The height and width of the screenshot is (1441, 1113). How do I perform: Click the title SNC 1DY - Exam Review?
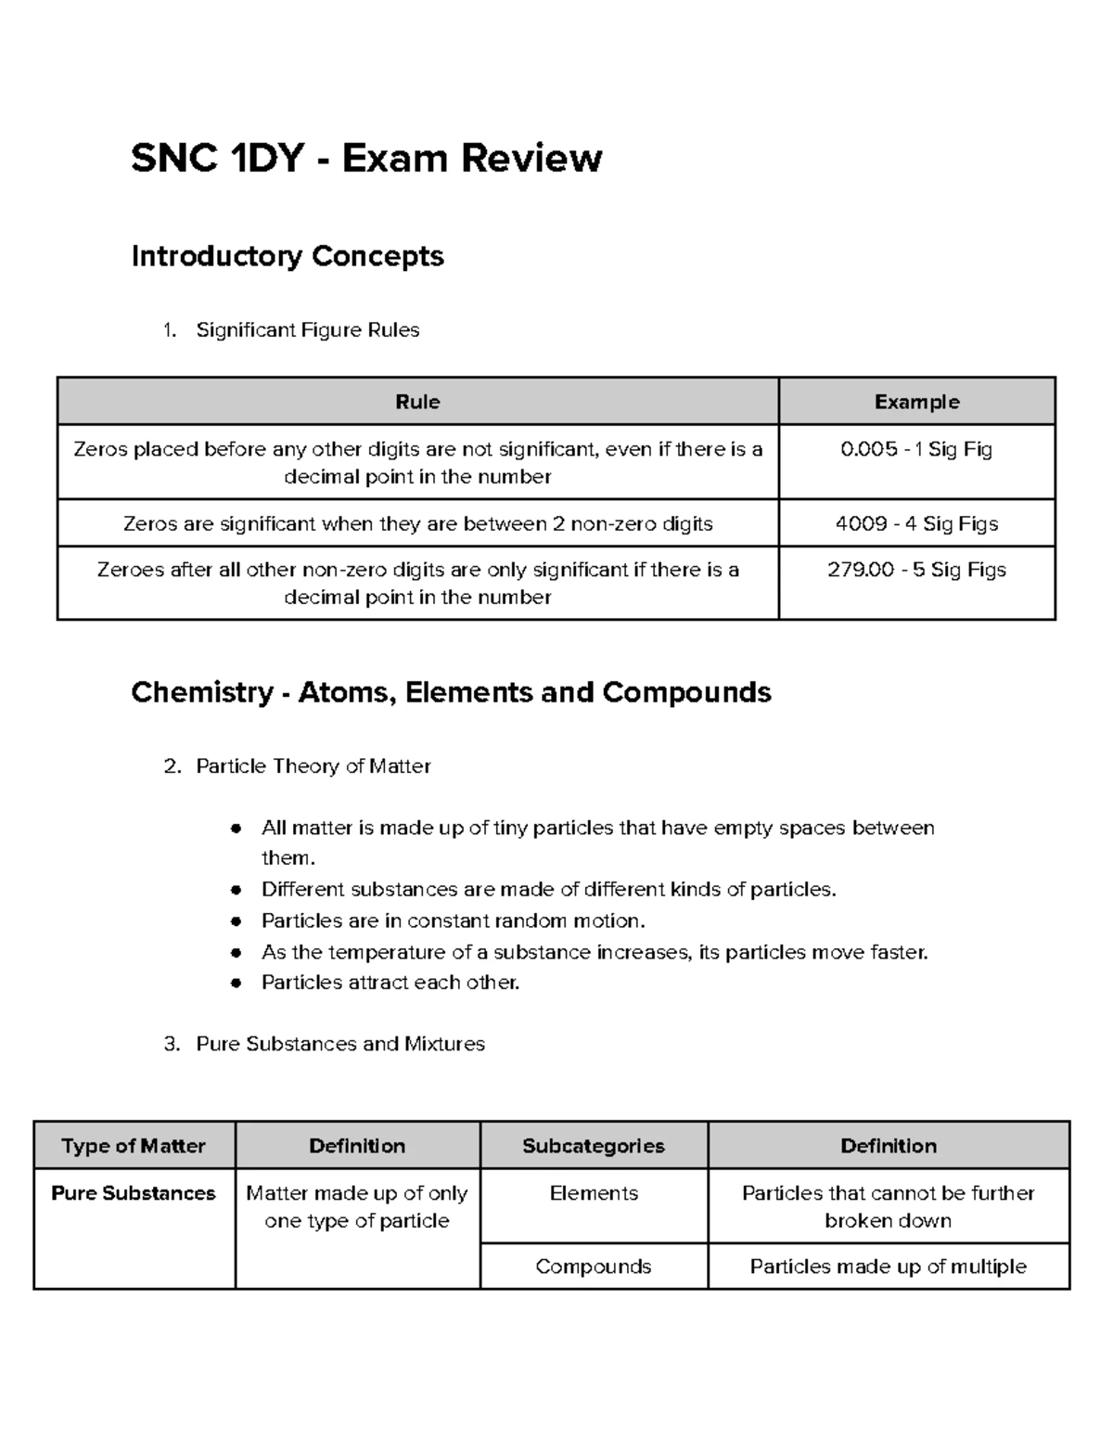pos(366,159)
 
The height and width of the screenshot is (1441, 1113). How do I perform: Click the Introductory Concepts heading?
pos(288,256)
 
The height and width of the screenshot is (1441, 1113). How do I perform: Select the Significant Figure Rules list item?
pos(307,330)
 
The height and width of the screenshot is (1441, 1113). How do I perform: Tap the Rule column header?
pos(417,402)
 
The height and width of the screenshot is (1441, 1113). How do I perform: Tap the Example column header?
pos(916,402)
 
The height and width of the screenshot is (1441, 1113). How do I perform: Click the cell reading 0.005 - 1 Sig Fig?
pos(916,450)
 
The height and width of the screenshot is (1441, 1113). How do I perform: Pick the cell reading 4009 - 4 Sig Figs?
pos(916,524)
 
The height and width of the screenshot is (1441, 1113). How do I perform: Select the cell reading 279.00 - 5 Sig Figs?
pos(916,571)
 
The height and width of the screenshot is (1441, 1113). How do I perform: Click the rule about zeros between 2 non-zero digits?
pos(417,524)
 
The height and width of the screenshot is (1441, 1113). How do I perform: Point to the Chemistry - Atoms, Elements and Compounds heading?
pos(451,693)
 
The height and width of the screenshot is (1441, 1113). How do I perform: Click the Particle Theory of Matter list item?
pos(313,766)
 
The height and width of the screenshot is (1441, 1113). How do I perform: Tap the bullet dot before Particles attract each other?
pos(237,983)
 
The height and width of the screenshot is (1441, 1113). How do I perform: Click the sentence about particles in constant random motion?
pos(453,921)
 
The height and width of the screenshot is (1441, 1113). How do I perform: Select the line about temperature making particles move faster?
pos(594,953)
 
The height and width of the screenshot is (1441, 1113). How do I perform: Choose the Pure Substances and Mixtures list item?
pos(339,1044)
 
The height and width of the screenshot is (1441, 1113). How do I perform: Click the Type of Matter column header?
pos(134,1146)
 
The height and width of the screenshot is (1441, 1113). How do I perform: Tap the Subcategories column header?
pos(594,1146)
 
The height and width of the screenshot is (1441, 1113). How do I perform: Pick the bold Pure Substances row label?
pos(134,1193)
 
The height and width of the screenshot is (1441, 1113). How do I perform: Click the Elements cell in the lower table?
pos(594,1193)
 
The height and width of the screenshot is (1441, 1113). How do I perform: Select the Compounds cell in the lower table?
pos(594,1267)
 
